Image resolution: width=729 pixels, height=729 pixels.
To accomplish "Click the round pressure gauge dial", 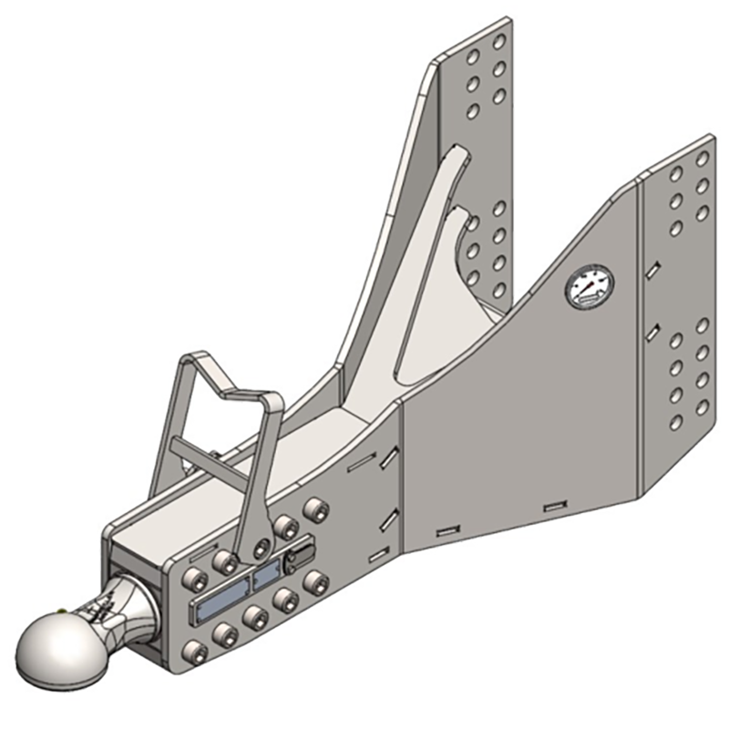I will [x=589, y=287].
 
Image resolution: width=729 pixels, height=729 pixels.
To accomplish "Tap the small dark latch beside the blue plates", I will [x=298, y=560].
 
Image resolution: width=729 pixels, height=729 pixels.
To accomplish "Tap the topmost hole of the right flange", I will [x=703, y=159].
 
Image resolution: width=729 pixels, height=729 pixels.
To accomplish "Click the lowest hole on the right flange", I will [x=676, y=422].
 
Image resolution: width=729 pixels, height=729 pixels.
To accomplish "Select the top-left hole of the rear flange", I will [x=472, y=56].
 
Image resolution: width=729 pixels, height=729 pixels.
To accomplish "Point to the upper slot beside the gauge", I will [x=652, y=271].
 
